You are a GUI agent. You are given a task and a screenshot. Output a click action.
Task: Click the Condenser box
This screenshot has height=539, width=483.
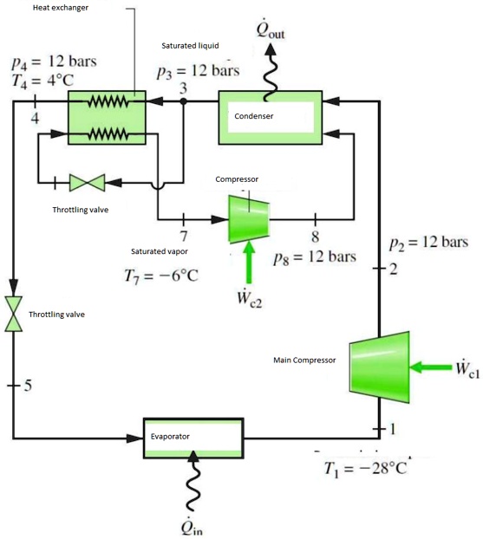point(270,116)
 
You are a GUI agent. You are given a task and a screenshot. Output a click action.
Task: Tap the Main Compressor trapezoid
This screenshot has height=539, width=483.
point(380,368)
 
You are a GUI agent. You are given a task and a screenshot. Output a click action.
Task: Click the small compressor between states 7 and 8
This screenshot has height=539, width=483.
point(248,218)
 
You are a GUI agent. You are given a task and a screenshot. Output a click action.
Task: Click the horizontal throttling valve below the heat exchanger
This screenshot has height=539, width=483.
point(87,182)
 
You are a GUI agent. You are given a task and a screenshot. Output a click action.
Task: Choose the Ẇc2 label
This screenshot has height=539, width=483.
point(251,298)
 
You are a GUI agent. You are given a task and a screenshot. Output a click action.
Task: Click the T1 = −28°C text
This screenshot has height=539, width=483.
point(364,469)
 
